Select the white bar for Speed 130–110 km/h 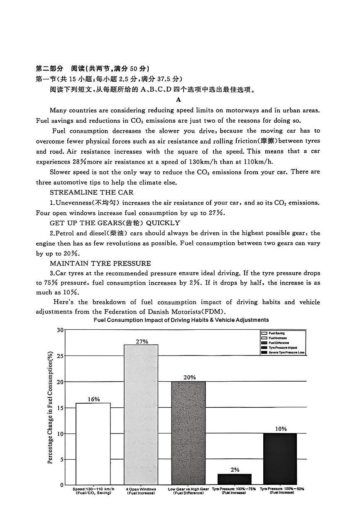point(93,443)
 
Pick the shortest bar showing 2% point(235,479)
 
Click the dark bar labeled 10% point(280,459)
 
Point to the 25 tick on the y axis point(60,356)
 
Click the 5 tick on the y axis point(61,459)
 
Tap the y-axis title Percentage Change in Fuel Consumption point(50,408)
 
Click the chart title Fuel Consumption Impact point(181,320)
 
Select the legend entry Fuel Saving point(277,333)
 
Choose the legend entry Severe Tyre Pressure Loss point(286,353)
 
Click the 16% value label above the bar point(93,399)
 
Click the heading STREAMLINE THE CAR point(91,192)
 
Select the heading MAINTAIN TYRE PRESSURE point(100,263)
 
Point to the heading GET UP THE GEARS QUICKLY point(115,223)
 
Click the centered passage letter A point(179,100)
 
